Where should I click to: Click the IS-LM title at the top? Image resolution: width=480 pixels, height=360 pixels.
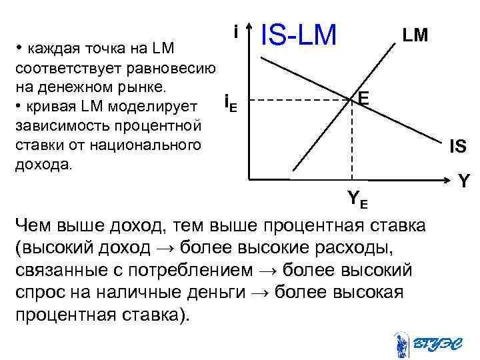click(x=299, y=34)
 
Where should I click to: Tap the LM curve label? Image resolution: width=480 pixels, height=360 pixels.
click(x=415, y=35)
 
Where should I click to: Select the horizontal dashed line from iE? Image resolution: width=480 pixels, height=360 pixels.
click(x=300, y=101)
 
